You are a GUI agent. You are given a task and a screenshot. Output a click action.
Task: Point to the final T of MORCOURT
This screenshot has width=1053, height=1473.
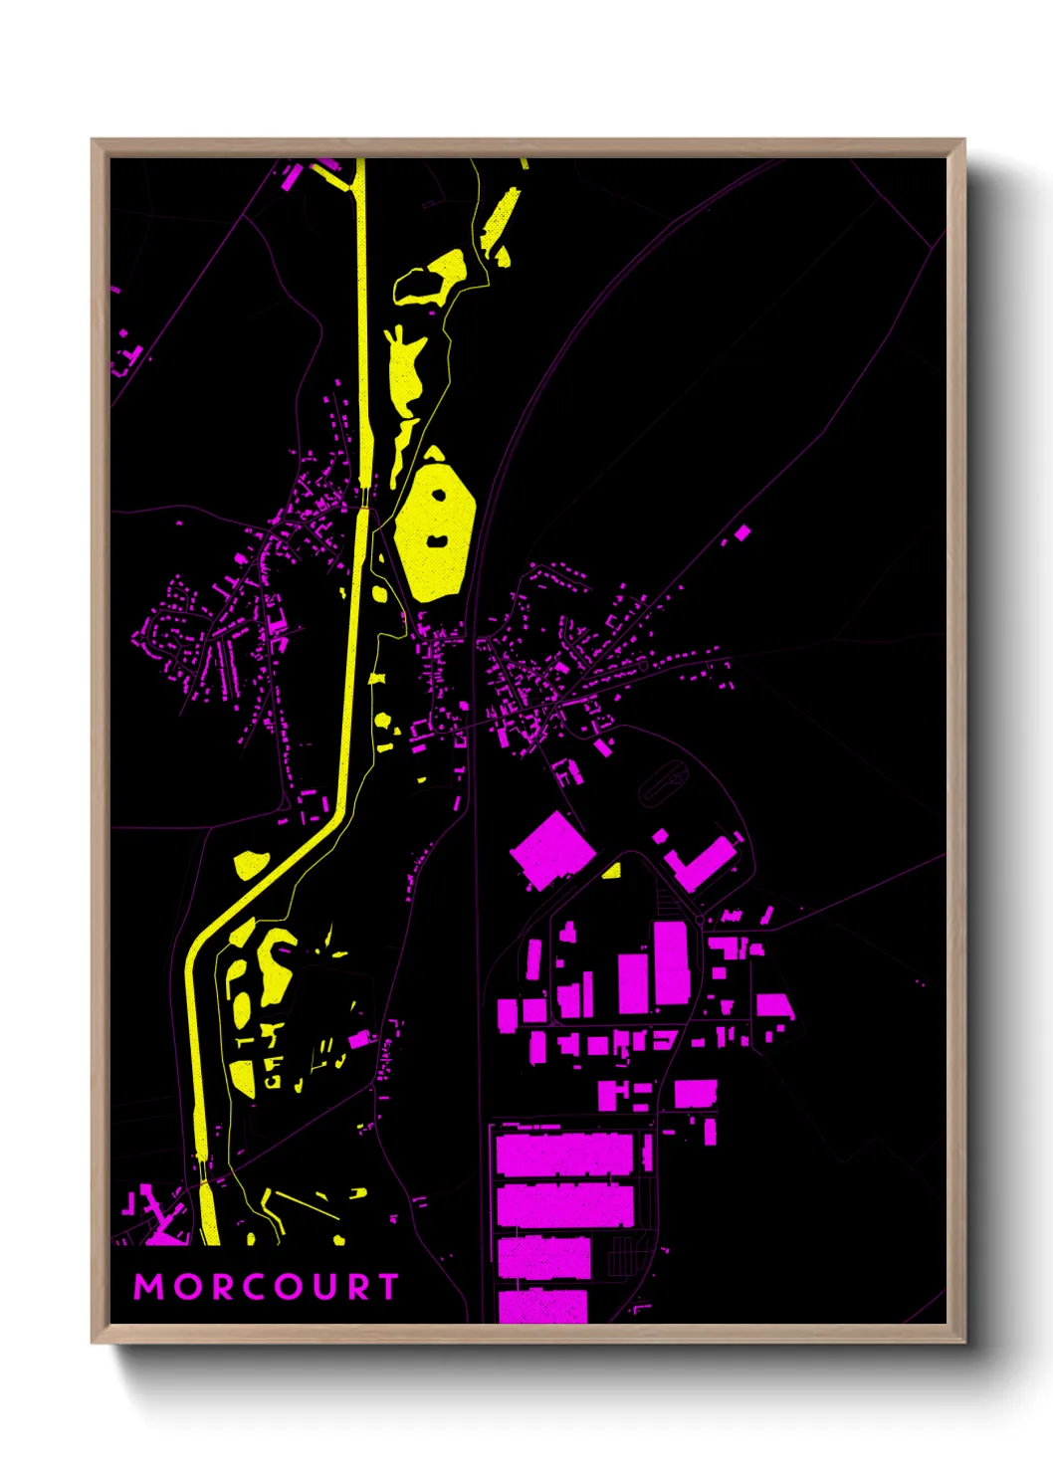(388, 1287)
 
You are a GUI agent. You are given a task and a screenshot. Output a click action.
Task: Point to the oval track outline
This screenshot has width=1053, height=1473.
(663, 782)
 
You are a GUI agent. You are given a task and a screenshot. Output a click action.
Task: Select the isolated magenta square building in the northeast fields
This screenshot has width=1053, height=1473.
(742, 533)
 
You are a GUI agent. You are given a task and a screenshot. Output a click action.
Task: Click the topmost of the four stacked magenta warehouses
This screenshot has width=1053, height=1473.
(563, 1155)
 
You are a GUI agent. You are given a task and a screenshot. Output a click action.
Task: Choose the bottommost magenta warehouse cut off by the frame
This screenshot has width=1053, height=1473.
(542, 1307)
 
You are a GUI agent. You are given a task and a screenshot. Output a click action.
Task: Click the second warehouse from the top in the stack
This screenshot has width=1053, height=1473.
(564, 1205)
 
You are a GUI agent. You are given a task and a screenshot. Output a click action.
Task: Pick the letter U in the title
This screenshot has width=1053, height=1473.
(321, 1287)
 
